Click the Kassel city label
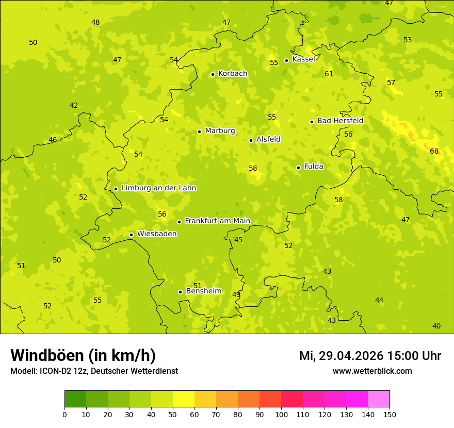pyautogui.click(x=303, y=59)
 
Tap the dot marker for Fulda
pyautogui.click(x=298, y=168)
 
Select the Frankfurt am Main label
pyautogui.click(x=217, y=221)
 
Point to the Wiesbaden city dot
pyautogui.click(x=131, y=235)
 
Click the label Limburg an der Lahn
pyautogui.click(x=158, y=188)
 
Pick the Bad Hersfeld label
pyautogui.click(x=340, y=121)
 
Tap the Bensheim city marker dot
pyautogui.click(x=180, y=292)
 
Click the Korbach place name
pyautogui.click(x=233, y=74)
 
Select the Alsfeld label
pyautogui.click(x=268, y=139)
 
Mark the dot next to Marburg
pyautogui.click(x=199, y=131)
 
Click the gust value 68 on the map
pyautogui.click(x=434, y=151)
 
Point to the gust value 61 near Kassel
pyautogui.click(x=329, y=74)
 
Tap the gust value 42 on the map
pyautogui.click(x=74, y=106)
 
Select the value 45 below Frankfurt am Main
pyautogui.click(x=238, y=240)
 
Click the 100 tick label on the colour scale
pyautogui.click(x=281, y=414)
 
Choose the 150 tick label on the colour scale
pyautogui.click(x=390, y=414)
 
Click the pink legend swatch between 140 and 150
pyautogui.click(x=379, y=399)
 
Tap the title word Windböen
pyautogui.click(x=47, y=355)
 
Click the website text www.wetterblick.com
pyautogui.click(x=372, y=371)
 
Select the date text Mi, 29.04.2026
pyautogui.click(x=341, y=356)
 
